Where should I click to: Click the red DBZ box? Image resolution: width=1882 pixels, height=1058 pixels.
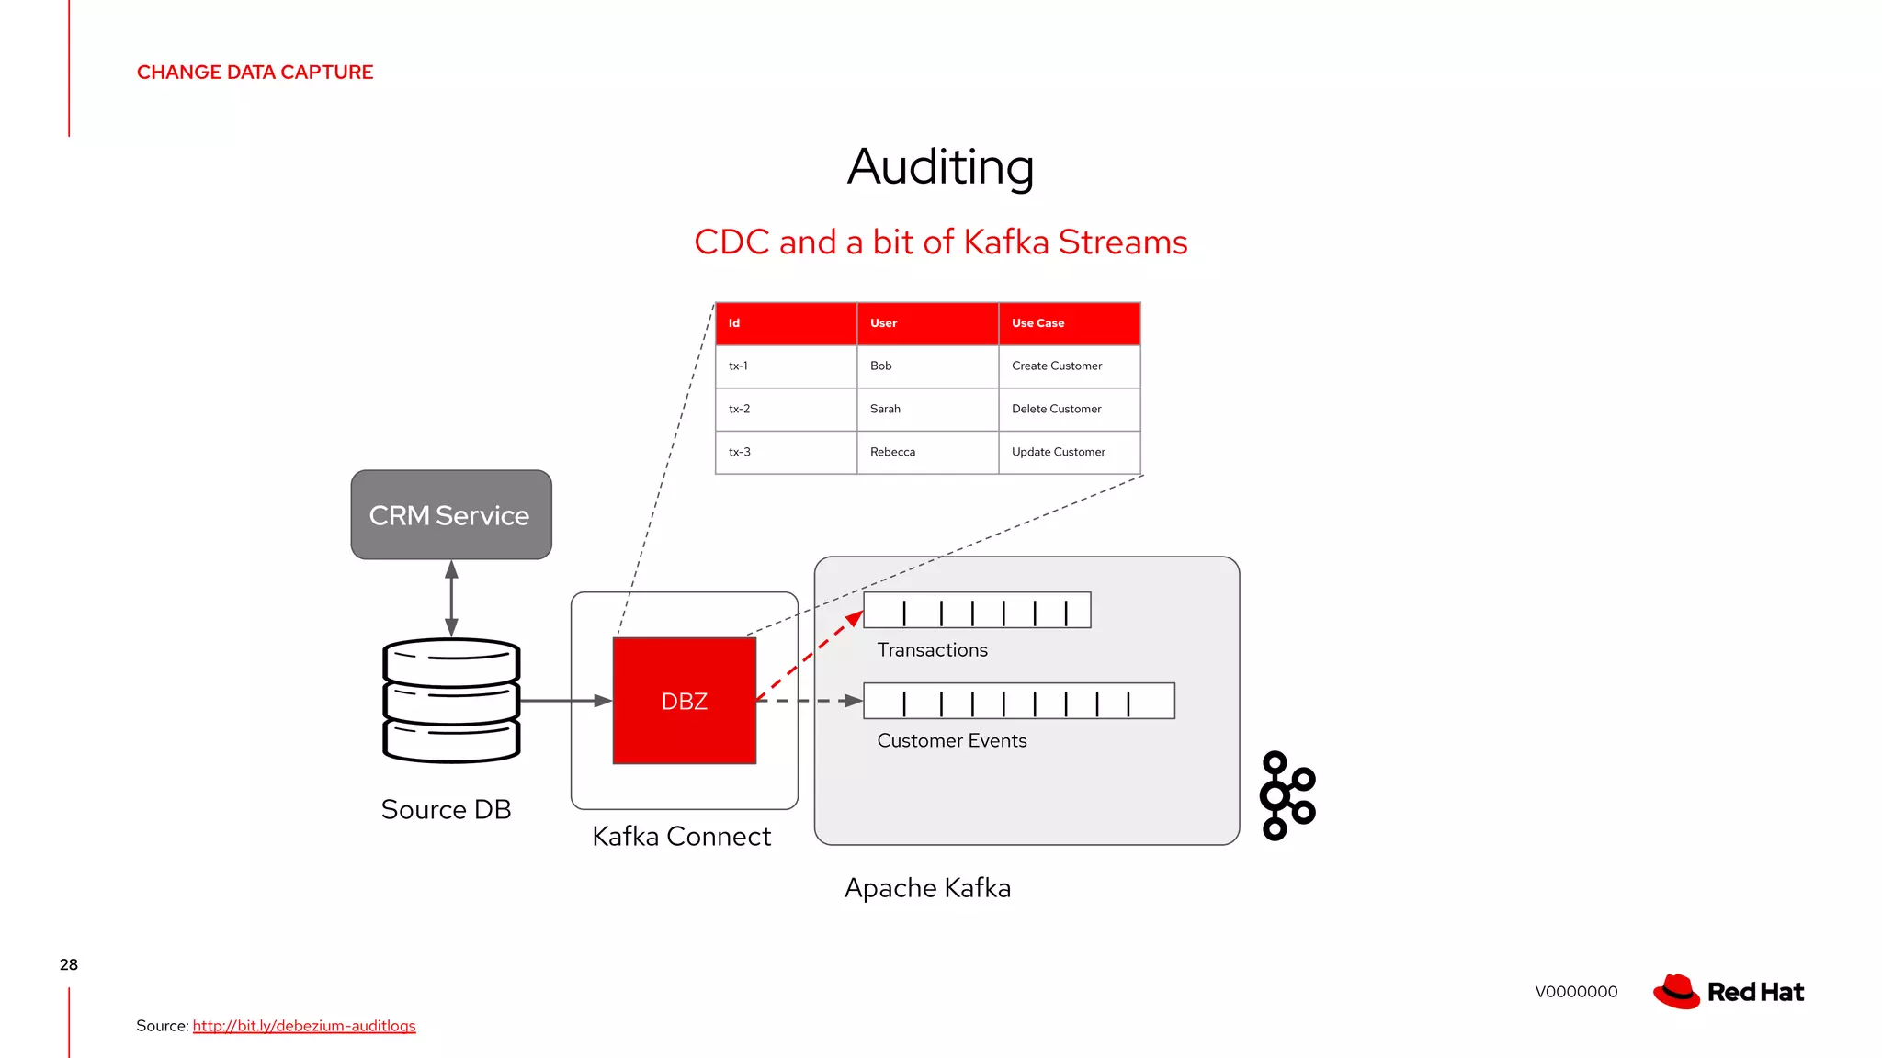(684, 701)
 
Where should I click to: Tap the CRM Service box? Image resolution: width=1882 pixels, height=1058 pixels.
(450, 515)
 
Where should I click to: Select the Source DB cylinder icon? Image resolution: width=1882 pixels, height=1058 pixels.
(451, 701)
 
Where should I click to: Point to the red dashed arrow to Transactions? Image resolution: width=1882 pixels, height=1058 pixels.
(809, 658)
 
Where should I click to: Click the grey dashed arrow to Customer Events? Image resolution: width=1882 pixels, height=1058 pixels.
(809, 701)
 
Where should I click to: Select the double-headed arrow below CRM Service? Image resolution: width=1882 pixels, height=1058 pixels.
(451, 598)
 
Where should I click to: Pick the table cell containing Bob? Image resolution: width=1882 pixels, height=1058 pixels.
(927, 366)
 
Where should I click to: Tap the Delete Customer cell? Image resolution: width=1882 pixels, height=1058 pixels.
(1069, 410)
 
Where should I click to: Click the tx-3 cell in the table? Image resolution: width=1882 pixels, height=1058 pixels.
(786, 453)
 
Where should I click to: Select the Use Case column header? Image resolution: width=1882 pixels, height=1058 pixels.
(1069, 323)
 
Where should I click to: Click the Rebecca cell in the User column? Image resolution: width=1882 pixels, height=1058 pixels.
(927, 453)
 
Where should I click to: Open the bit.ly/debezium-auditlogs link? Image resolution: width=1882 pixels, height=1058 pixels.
(304, 1026)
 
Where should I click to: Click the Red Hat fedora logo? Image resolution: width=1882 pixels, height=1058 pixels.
(1677, 992)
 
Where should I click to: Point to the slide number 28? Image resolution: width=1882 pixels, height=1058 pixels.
(69, 964)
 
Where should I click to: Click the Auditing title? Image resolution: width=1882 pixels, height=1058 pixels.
(940, 167)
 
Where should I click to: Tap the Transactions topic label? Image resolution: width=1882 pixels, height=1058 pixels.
(932, 650)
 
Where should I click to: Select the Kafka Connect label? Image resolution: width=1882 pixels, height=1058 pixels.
(681, 837)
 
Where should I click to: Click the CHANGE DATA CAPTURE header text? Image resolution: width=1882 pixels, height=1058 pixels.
(255, 73)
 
